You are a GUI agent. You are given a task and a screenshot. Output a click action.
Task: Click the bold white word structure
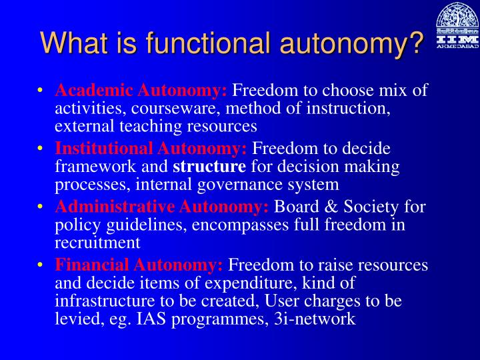coord(210,167)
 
